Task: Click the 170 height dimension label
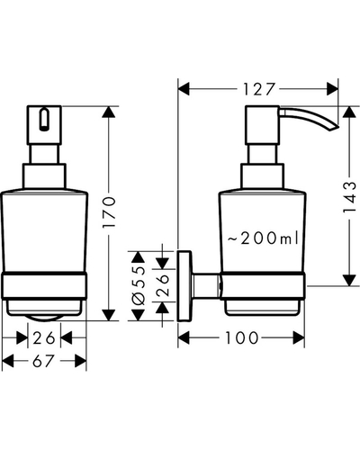pyautogui.click(x=109, y=211)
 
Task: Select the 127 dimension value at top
pyautogui.click(x=258, y=89)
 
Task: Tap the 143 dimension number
pyautogui.click(x=349, y=197)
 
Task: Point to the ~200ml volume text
pyautogui.click(x=263, y=238)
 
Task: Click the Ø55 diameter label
pyautogui.click(x=139, y=285)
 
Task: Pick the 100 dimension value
pyautogui.click(x=242, y=337)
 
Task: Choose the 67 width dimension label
pyautogui.click(x=43, y=361)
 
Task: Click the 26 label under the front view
pyautogui.click(x=44, y=338)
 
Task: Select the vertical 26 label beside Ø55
pyautogui.click(x=163, y=285)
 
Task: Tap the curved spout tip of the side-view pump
pyautogui.click(x=335, y=129)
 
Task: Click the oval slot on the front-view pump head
pyautogui.click(x=44, y=120)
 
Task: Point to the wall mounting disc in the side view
pyautogui.click(x=184, y=286)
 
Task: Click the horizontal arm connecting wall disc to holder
pyautogui.click(x=206, y=286)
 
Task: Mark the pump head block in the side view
pyautogui.click(x=263, y=125)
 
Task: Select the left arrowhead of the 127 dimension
pyautogui.click(x=184, y=89)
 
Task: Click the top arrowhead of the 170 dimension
pyautogui.click(x=109, y=112)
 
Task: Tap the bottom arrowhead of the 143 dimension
pyautogui.click(x=349, y=280)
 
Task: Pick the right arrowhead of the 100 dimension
pyautogui.click(x=299, y=337)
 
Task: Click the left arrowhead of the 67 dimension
pyautogui.click(x=8, y=361)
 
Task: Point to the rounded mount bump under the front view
pyautogui.click(x=44, y=318)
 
